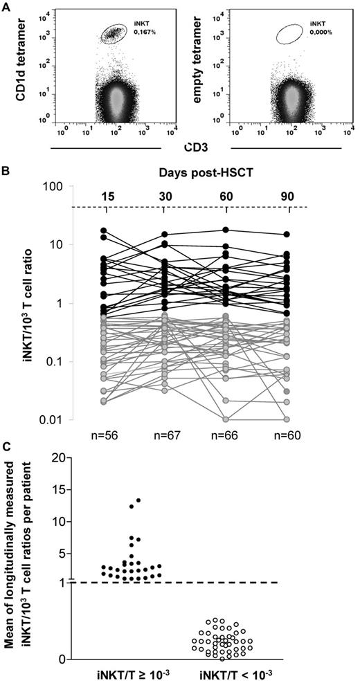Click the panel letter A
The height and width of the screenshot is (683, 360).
[6, 6]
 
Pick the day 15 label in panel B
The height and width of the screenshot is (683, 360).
[104, 194]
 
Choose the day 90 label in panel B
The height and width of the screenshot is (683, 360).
[286, 194]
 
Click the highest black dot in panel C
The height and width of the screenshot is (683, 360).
[138, 500]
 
